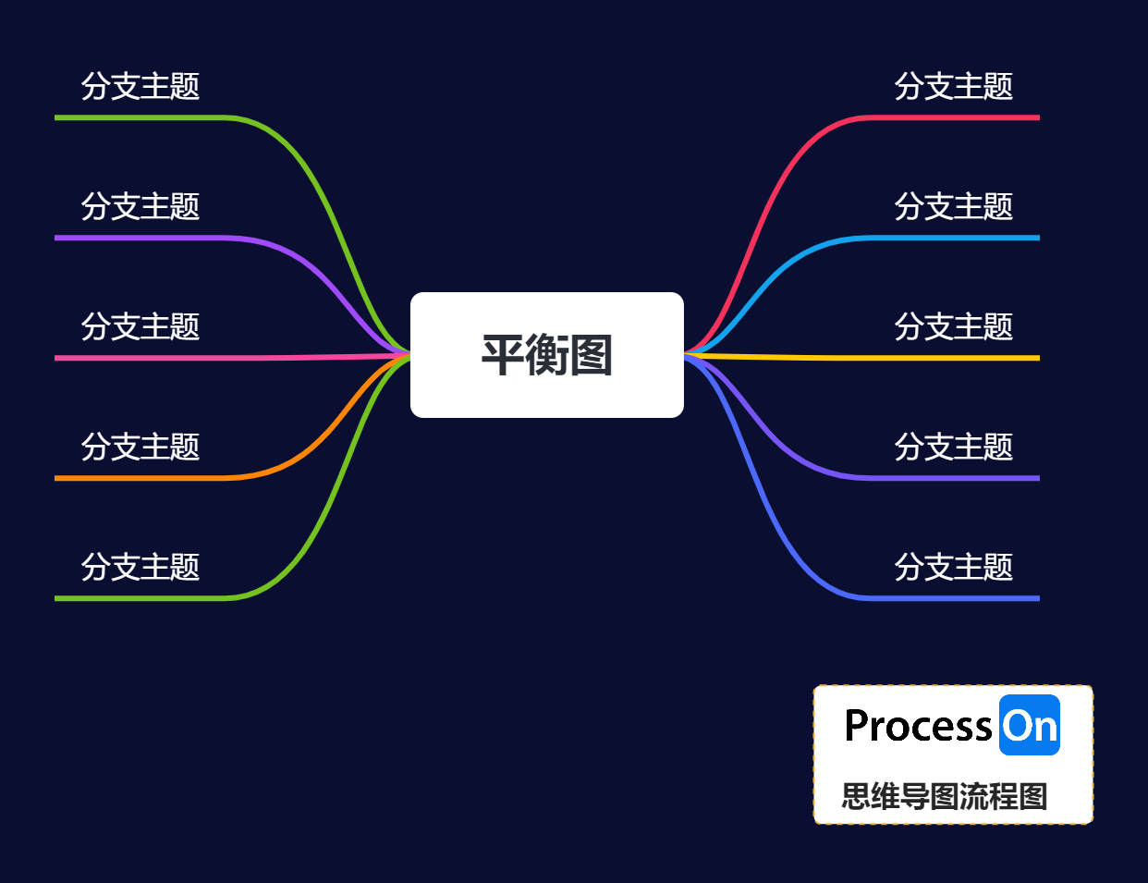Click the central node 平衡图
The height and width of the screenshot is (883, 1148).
click(546, 355)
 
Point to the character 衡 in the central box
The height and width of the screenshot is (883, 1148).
click(547, 355)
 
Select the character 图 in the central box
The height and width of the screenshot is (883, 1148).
click(592, 355)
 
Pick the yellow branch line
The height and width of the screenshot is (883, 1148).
click(924, 358)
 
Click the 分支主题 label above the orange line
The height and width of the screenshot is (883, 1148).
click(140, 447)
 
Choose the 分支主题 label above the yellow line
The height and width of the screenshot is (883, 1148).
click(954, 326)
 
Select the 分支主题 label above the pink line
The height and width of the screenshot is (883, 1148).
click(140, 326)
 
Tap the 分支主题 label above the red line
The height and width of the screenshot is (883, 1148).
click(954, 86)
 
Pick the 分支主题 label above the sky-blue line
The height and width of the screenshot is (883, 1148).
click(954, 206)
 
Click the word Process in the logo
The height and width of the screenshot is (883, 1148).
click(918, 726)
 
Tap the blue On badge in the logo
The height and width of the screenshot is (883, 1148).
click(1030, 726)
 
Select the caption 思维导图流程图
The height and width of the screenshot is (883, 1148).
click(945, 796)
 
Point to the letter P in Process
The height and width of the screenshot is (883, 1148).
click(857, 726)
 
